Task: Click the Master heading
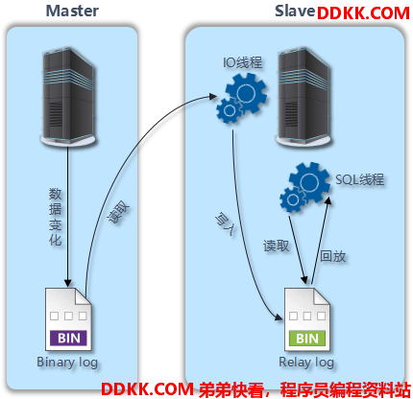72,11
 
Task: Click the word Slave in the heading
295,11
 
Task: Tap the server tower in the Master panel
68,97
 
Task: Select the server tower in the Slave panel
304,97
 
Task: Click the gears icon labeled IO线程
242,98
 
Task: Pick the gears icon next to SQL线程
304,187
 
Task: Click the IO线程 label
242,62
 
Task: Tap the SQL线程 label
359,179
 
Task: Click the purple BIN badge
68,338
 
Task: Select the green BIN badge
307,339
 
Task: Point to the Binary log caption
67,363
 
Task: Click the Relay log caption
306,363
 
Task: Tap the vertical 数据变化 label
55,217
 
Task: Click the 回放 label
333,256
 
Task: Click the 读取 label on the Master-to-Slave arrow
118,213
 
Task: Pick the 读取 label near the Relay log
276,246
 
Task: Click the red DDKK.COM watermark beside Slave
363,13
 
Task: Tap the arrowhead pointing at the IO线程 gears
213,96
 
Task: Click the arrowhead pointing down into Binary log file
67,283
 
